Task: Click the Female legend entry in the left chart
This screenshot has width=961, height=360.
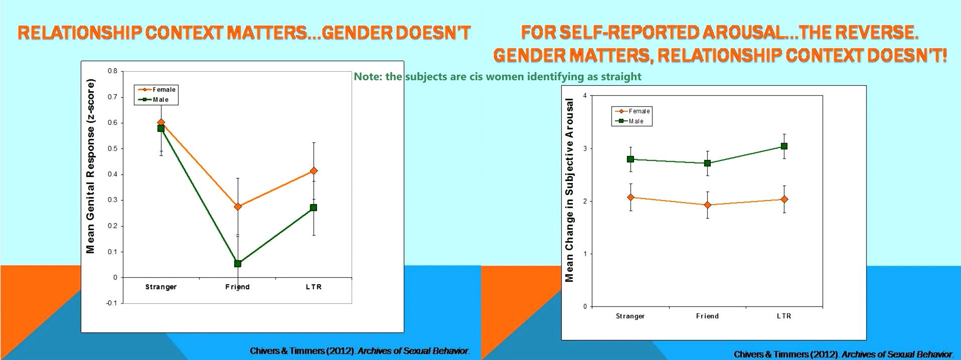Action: (164, 90)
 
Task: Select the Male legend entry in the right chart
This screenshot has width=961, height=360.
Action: (635, 121)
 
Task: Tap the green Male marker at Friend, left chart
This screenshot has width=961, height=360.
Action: (238, 264)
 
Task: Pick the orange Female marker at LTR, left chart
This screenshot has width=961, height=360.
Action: (313, 171)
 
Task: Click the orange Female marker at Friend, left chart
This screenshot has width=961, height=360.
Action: (238, 207)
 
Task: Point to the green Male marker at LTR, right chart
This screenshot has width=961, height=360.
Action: (784, 146)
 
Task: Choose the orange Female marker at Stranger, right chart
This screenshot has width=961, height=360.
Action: (630, 198)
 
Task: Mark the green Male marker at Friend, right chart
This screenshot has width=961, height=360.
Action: (707, 163)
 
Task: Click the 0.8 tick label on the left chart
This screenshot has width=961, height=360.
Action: (112, 71)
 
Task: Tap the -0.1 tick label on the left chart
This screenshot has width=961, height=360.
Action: (111, 303)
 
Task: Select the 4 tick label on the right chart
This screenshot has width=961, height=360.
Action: (585, 95)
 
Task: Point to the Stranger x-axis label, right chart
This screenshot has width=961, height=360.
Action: (630, 316)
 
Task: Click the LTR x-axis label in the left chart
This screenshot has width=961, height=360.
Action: (313, 287)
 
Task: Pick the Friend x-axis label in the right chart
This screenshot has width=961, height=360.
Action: (707, 316)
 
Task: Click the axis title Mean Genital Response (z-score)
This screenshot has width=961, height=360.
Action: (90, 166)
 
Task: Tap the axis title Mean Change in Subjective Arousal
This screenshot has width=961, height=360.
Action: (569, 190)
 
